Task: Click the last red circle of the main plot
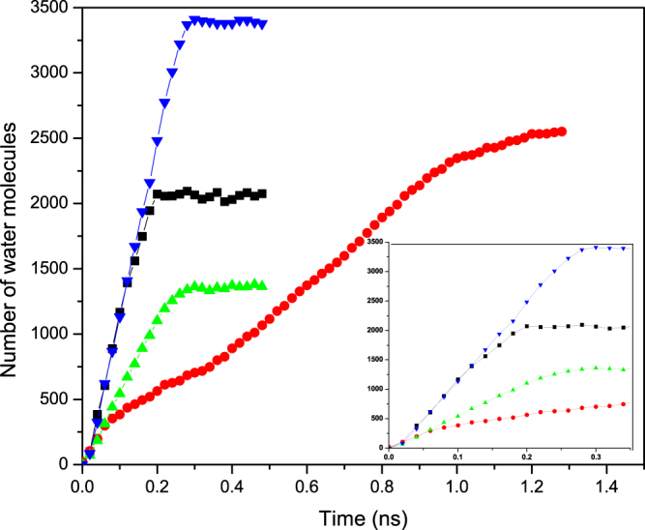click(x=562, y=132)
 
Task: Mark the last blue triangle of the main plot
click(x=263, y=24)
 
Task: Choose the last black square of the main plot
click(x=263, y=193)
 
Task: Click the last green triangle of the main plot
click(x=263, y=285)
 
